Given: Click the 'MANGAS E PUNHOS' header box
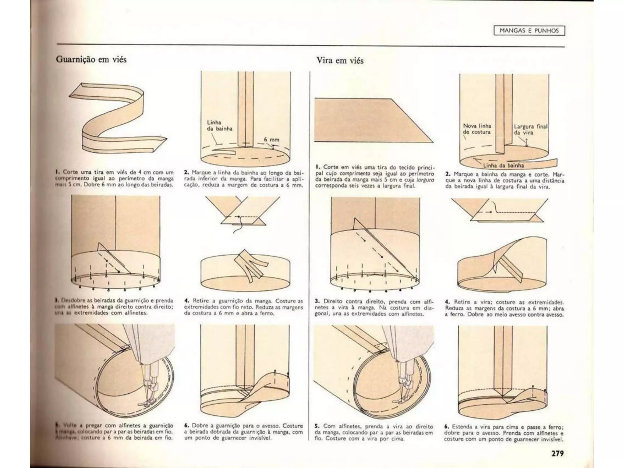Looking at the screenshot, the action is coord(529,31).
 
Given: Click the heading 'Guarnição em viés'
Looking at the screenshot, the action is coord(91,59).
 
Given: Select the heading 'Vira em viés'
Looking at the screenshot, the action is coord(340,61).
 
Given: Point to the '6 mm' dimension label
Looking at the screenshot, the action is coord(271,140).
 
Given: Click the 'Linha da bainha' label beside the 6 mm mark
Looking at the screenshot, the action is coord(219,126).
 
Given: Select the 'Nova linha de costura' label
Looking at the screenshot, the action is coord(477,129).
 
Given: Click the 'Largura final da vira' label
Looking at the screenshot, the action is coord(530,129).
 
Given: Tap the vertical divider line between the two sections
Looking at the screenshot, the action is coord(310,244).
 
